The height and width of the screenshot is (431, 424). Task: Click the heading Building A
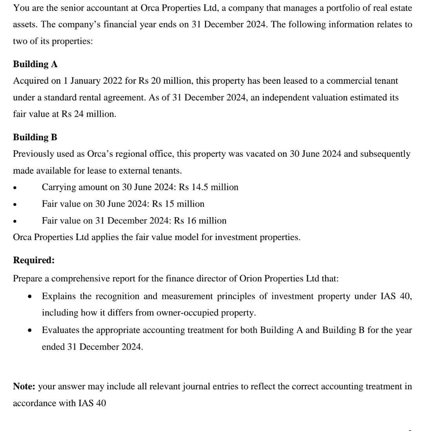click(x=35, y=64)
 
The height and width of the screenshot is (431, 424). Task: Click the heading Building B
click(x=35, y=137)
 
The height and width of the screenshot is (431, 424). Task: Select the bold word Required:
click(x=34, y=260)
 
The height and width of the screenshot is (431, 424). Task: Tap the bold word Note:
click(x=24, y=386)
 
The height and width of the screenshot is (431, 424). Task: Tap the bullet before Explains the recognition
click(x=30, y=297)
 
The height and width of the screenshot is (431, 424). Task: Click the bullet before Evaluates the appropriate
click(x=30, y=330)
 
